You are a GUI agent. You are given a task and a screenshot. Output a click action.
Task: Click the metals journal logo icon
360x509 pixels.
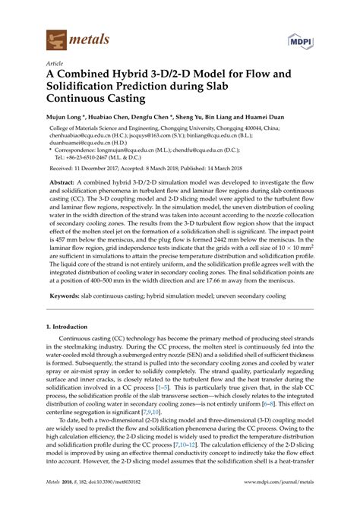coord(55,36)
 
